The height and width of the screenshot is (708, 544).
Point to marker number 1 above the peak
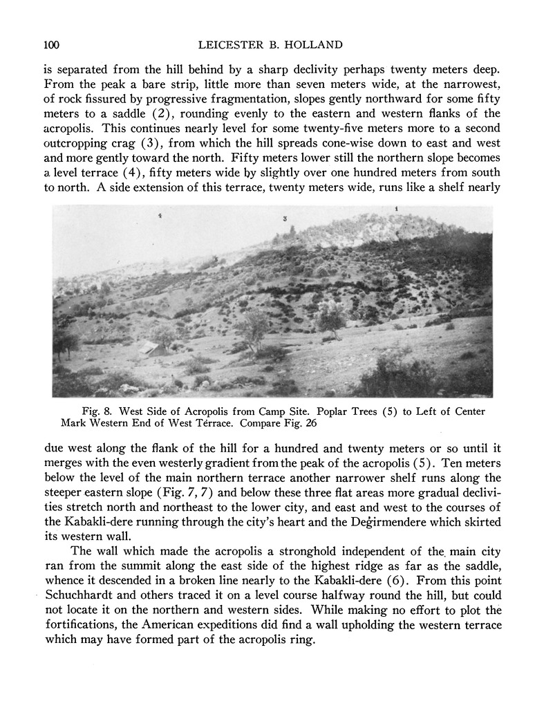click(396, 208)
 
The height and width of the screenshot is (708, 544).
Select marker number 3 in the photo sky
click(285, 218)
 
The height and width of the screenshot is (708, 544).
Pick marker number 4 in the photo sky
click(160, 216)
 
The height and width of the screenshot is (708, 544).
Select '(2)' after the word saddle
click(160, 113)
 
